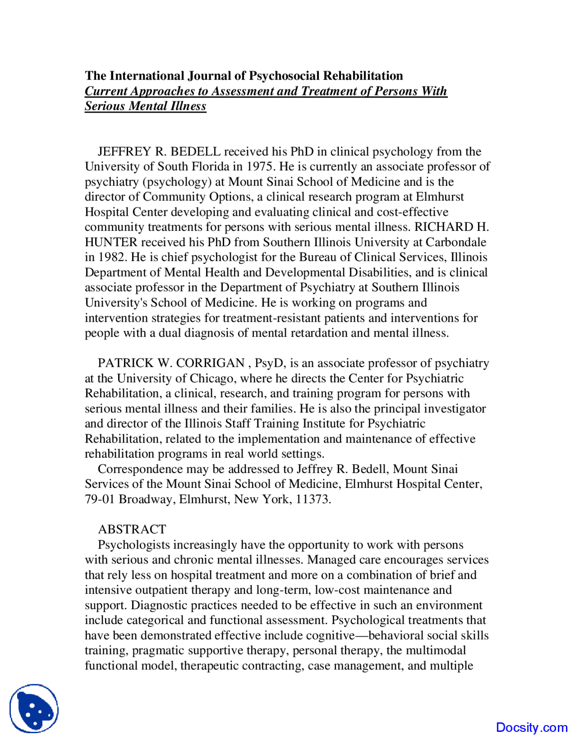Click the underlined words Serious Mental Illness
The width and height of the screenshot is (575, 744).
146,106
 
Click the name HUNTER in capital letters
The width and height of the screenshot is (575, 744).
111,242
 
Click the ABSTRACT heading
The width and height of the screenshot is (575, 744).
132,529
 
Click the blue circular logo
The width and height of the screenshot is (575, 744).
34,709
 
